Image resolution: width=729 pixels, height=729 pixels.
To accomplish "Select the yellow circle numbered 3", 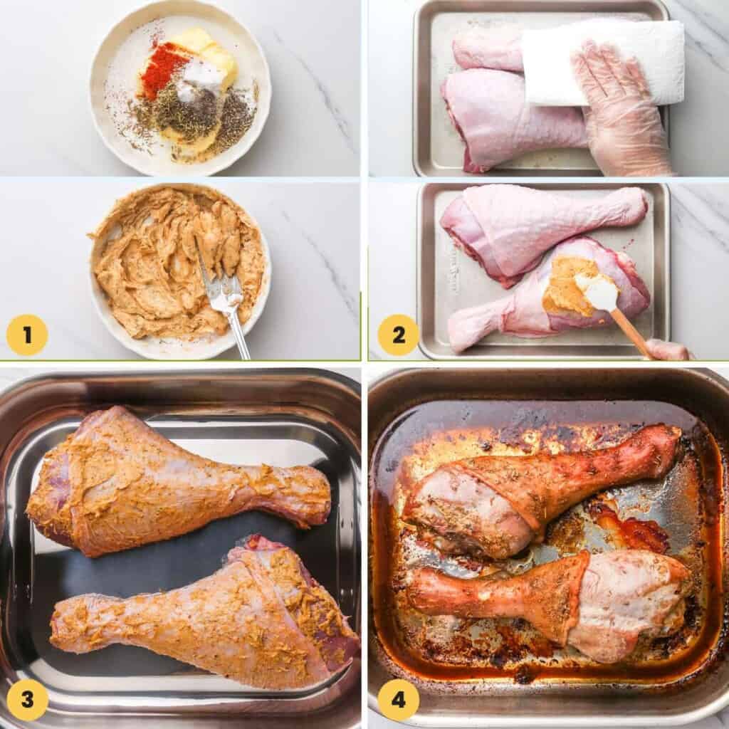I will coord(27,700).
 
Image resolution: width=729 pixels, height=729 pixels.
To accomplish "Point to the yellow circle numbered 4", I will coord(398,700).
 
